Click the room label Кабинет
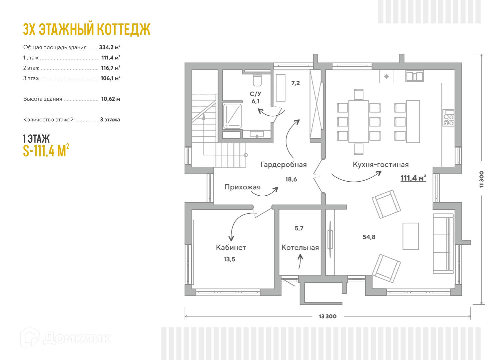pos(231,247)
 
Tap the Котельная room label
pos(300,248)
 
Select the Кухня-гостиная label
pos(380,164)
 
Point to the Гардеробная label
pos(283,164)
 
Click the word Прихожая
pos(242,187)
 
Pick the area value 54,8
pos(369,237)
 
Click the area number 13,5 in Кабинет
pos(229,259)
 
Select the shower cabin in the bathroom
pos(232,116)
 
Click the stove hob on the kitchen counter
pos(448,118)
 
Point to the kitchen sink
pos(414,76)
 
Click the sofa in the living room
pos(443,243)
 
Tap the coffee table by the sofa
pos(410,236)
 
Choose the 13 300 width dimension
pos(327,316)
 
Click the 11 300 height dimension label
pos(481,179)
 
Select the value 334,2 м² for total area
pos(109,47)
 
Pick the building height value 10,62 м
pos(110,99)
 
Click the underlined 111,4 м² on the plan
pos(413,178)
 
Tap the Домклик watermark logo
pos(65,338)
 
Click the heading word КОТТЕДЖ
pos(123,29)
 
